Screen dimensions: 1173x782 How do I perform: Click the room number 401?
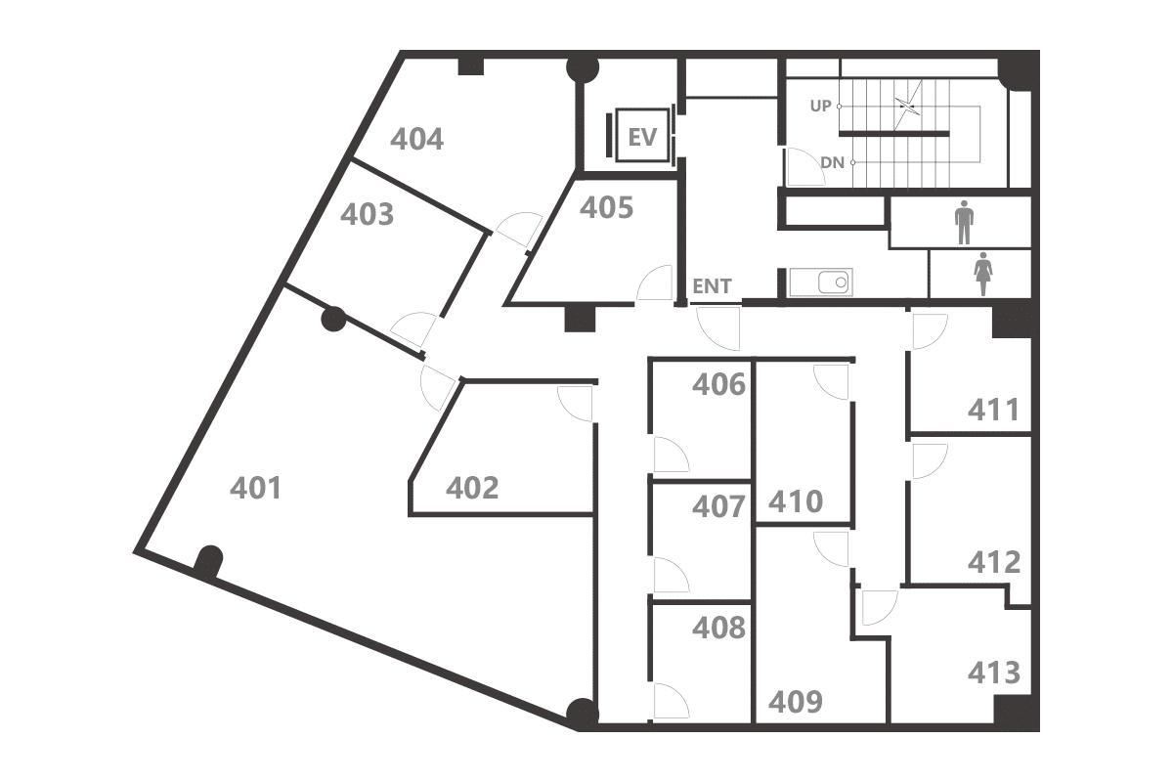255,488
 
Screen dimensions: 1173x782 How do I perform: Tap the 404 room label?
416,140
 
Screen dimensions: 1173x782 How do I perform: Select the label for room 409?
796,702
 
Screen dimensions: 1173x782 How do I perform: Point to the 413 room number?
994,673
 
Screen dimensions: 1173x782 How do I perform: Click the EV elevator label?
642,137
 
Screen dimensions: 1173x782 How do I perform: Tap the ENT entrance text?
712,286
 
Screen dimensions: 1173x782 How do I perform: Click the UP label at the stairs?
820,107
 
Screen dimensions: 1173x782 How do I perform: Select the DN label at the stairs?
832,163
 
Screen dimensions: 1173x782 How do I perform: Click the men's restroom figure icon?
964,222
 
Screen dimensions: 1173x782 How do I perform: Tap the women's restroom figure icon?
983,274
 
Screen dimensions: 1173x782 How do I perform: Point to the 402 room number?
472,488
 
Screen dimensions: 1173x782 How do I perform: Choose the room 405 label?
606,207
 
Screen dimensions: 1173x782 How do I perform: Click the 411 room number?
993,410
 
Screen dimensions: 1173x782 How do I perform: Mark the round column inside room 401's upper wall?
333,319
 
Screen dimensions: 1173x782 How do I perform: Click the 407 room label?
718,506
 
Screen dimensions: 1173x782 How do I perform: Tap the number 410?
796,501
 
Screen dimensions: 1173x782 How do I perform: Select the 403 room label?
367,215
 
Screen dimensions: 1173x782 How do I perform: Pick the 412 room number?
994,562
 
